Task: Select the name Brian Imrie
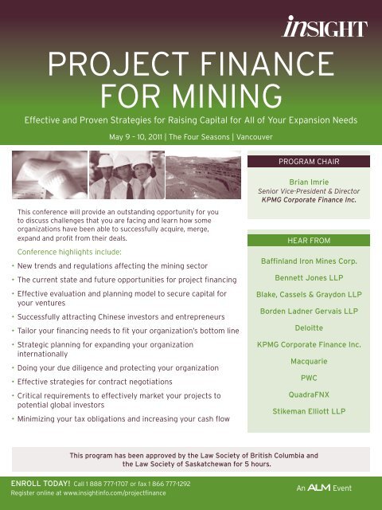pyautogui.click(x=310, y=182)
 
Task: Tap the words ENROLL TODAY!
pyautogui.click(x=37, y=483)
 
